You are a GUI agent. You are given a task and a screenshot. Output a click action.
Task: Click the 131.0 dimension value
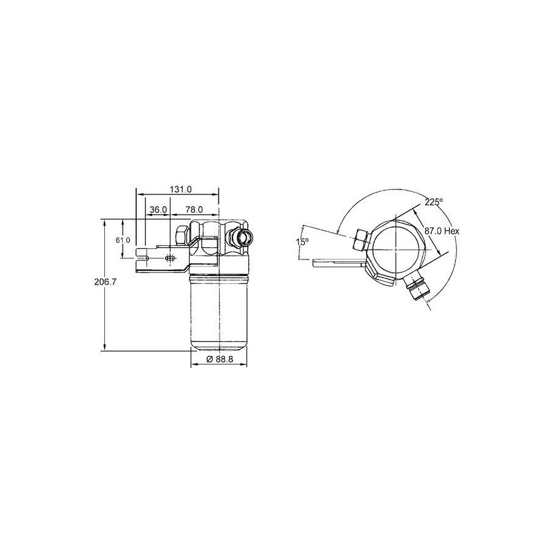click(180, 190)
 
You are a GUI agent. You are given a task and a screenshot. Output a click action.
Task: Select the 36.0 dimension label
click(158, 210)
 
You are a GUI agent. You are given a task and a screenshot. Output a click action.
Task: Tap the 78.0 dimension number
click(194, 210)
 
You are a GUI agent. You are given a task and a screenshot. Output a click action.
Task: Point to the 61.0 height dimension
click(123, 240)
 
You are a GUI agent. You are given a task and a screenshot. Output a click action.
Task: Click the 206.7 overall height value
click(105, 282)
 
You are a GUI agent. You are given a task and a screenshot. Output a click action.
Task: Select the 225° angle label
click(434, 202)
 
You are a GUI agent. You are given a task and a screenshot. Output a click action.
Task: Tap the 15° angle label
click(302, 242)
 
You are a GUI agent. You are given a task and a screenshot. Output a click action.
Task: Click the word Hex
click(451, 231)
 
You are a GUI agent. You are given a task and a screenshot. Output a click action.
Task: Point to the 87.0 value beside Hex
click(433, 231)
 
